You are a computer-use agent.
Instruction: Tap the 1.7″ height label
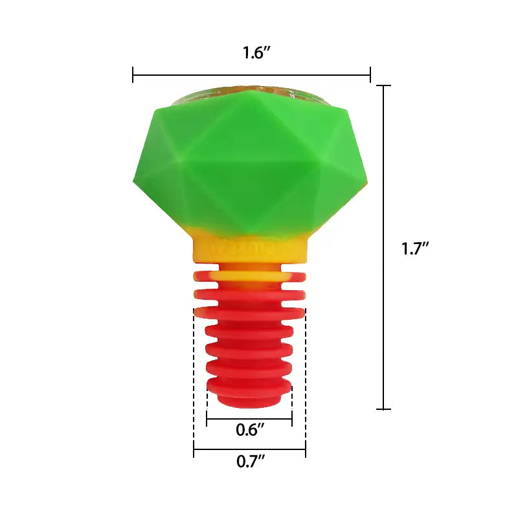(x=416, y=248)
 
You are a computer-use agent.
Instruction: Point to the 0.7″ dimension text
(x=250, y=462)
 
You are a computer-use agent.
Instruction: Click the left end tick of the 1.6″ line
(x=133, y=74)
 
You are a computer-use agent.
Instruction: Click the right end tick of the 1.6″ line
(x=370, y=74)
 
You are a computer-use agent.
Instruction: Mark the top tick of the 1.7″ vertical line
(x=384, y=85)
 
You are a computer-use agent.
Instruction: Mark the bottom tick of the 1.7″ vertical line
(x=384, y=409)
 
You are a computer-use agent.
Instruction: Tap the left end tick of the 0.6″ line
(x=207, y=420)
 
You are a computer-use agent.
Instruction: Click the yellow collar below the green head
(x=249, y=251)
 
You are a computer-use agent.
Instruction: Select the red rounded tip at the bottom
(x=249, y=400)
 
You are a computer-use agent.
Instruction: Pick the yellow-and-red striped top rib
(x=249, y=276)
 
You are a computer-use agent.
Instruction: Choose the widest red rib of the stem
(x=249, y=313)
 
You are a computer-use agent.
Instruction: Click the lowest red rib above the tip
(x=249, y=387)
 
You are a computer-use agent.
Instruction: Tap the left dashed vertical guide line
(x=194, y=382)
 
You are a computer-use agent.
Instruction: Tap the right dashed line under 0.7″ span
(x=305, y=382)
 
